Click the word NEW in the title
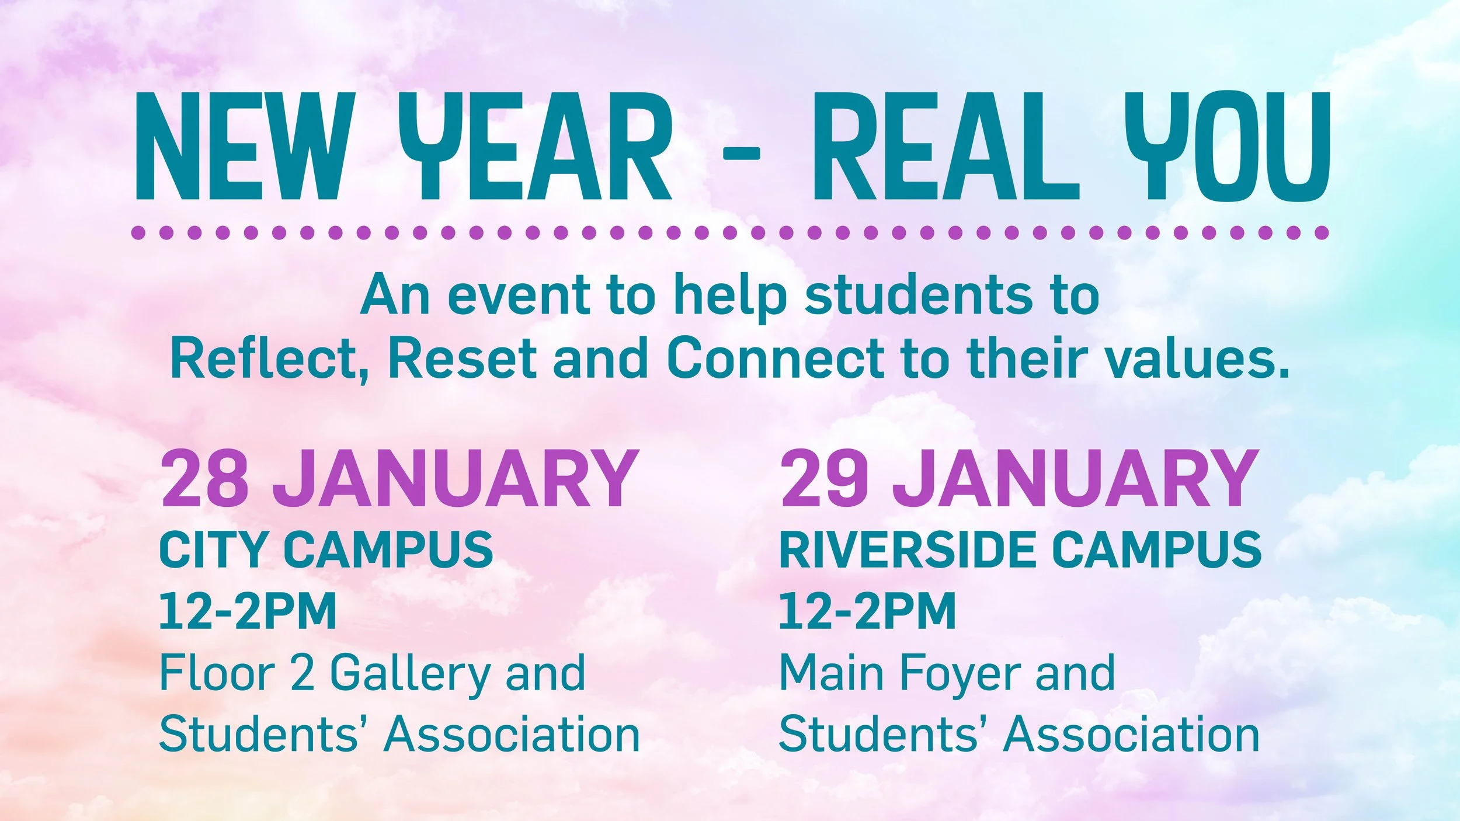tap(245, 146)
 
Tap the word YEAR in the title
tap(534, 146)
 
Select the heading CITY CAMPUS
tap(326, 549)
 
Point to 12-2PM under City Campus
tap(248, 611)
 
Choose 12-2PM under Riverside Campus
tap(867, 611)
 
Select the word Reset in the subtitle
tap(462, 358)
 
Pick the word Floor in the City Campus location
tap(217, 673)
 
